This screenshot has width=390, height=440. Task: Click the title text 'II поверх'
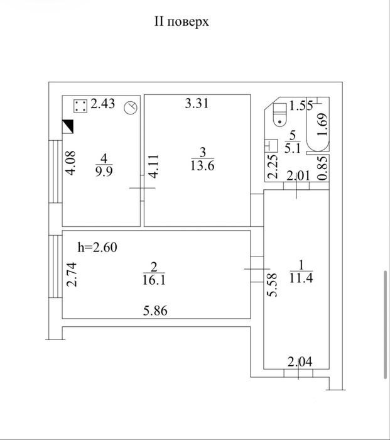pos(181,21)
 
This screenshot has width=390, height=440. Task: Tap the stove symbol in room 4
pos(80,106)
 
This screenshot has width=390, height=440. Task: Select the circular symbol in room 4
pos(131,107)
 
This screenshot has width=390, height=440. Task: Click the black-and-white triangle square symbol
pos(68,126)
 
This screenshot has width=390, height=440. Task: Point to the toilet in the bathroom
pos(279,114)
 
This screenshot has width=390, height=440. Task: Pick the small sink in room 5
pos(271,145)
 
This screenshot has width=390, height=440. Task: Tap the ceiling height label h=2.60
pos(97,248)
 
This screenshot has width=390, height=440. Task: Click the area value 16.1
pos(154,280)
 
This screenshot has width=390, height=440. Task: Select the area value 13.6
pos(202,165)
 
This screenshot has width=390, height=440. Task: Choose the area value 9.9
pos(104,171)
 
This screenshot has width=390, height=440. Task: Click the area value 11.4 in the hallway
pos(301,278)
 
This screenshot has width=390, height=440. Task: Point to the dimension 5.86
pos(155,311)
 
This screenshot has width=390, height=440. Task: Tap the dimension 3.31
pos(197,103)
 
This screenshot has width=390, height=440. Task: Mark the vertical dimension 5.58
pos(272,285)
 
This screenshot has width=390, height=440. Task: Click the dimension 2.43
pos(102,104)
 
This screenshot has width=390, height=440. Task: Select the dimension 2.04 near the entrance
pos(300,361)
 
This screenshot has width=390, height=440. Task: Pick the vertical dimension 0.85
pos(323,168)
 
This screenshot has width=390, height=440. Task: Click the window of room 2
pos(55,267)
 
